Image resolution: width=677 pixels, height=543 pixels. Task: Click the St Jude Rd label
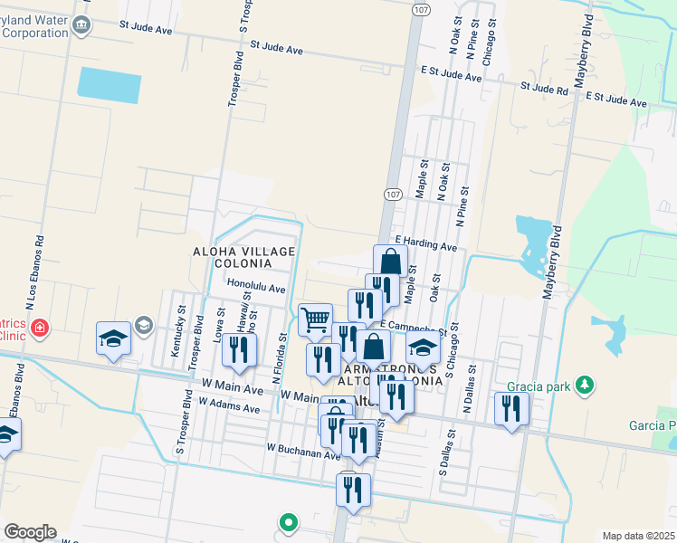coord(544,88)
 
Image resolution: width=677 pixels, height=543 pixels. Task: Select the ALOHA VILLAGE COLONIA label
coord(231,256)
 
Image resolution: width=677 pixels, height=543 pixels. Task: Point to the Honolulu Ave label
coord(256,286)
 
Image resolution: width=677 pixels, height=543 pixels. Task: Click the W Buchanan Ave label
coord(302,447)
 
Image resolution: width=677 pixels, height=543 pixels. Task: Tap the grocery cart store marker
coord(315,319)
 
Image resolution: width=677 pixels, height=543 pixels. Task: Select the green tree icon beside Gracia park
coord(585,386)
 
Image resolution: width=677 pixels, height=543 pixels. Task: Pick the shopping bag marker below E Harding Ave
coord(390,262)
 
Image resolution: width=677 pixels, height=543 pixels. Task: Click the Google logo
coord(29,532)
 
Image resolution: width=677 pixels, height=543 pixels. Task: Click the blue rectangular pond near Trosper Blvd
coord(110,83)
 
